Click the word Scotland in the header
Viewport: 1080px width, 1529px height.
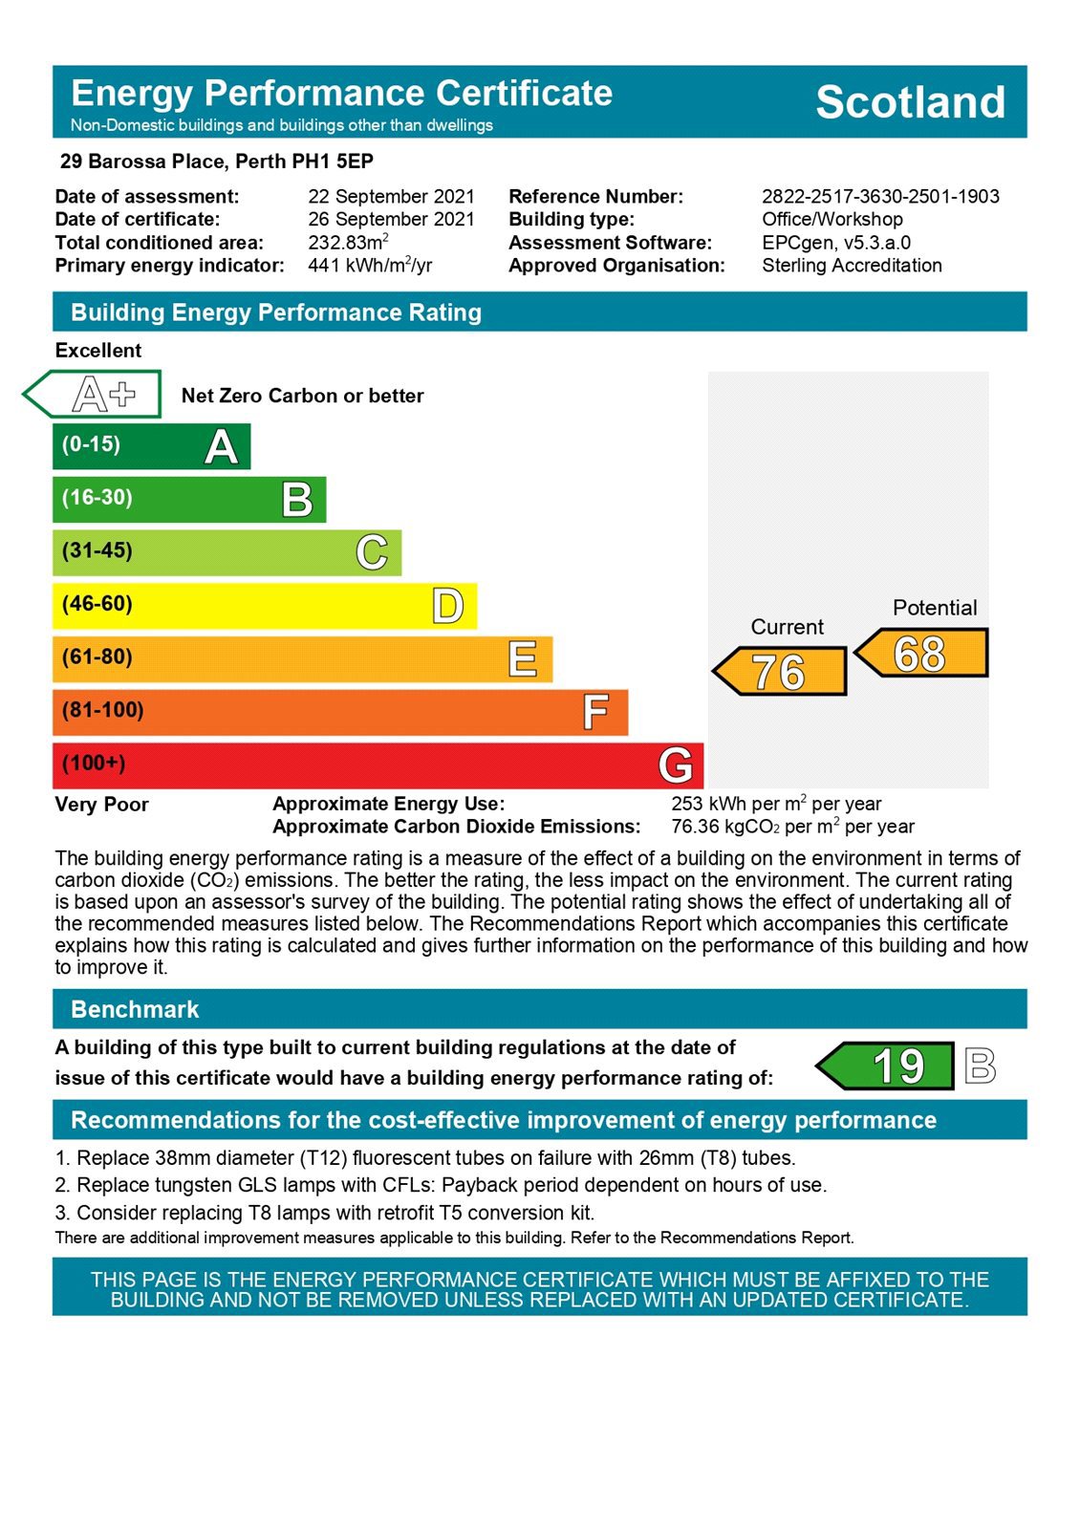tap(910, 102)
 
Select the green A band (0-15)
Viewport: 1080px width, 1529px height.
tap(151, 446)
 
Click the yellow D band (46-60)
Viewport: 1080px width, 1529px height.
tap(264, 605)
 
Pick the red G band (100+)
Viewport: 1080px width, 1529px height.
tap(378, 764)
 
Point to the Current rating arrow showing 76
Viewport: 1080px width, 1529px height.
tap(781, 671)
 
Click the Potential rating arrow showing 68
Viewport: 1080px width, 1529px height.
tap(921, 654)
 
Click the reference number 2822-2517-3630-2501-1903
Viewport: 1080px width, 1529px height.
tap(880, 197)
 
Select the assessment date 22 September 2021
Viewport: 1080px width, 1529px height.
tap(391, 197)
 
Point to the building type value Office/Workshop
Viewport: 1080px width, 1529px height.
tap(832, 219)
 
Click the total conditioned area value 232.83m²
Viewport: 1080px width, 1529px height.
tap(348, 243)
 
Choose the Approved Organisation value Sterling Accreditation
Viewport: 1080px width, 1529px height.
tap(852, 266)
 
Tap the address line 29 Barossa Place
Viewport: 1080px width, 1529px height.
tap(216, 162)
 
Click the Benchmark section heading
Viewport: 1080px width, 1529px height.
tap(135, 1009)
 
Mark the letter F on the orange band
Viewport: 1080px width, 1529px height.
tap(595, 712)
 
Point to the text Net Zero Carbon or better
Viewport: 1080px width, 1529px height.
tap(302, 396)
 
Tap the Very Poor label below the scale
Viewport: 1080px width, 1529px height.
tap(101, 805)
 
